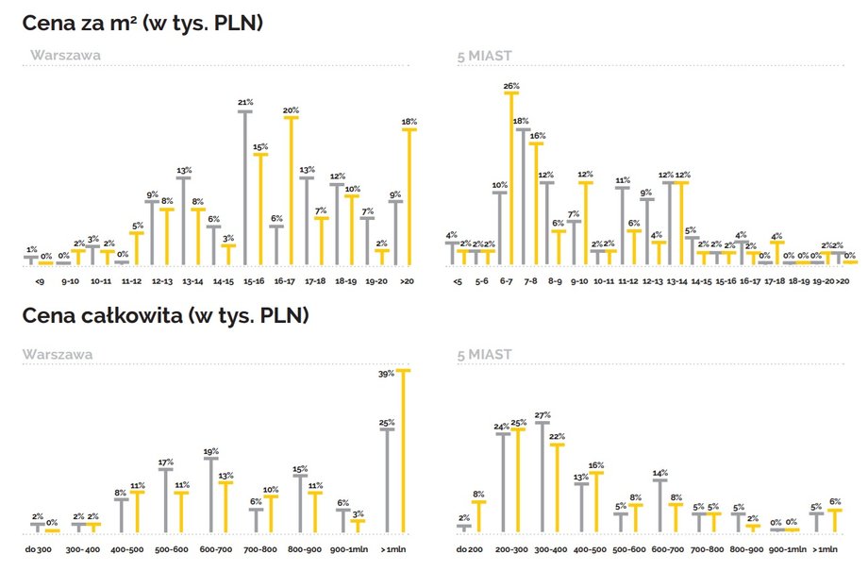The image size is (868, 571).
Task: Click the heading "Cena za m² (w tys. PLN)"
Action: (142, 23)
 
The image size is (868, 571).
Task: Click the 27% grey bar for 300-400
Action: (542, 478)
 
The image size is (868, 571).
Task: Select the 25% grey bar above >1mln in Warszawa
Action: (387, 480)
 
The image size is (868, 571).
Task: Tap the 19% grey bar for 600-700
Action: (211, 495)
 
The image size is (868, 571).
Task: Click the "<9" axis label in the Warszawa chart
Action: (38, 280)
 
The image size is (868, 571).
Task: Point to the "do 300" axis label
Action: (38, 548)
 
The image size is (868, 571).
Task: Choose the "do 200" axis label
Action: (469, 548)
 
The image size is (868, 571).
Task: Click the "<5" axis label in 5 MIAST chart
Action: (458, 280)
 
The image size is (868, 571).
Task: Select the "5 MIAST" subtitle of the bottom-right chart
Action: (484, 355)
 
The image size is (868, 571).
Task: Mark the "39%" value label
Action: (386, 374)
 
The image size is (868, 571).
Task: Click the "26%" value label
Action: (511, 86)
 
